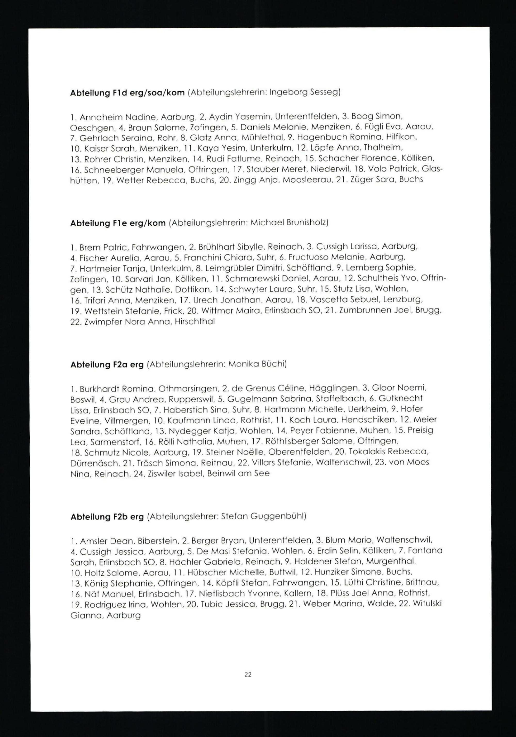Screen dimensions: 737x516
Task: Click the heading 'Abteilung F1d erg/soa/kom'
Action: click(x=127, y=93)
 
